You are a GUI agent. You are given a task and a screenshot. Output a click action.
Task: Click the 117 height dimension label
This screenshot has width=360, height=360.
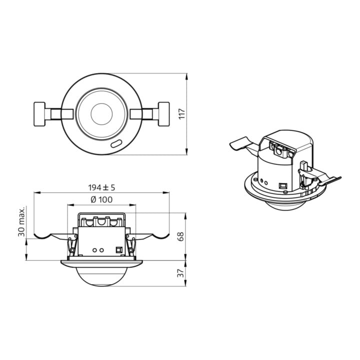pyautogui.click(x=182, y=114)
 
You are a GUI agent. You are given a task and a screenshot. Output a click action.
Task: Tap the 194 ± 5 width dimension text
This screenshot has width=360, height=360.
pyautogui.click(x=101, y=187)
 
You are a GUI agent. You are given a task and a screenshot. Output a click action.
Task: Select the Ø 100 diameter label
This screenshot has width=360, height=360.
pyautogui.click(x=101, y=199)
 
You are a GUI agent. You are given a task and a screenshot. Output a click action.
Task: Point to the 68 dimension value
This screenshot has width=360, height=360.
pyautogui.click(x=180, y=236)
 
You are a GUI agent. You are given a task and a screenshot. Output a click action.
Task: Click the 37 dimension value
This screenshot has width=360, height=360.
pyautogui.click(x=180, y=273)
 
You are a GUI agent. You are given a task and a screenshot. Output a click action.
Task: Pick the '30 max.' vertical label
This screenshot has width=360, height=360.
pyautogui.click(x=21, y=222)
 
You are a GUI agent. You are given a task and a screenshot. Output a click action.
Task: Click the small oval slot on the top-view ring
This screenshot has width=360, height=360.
pyautogui.click(x=116, y=143)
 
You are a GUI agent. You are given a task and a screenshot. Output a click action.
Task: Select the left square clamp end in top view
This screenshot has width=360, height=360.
pyautogui.click(x=39, y=114)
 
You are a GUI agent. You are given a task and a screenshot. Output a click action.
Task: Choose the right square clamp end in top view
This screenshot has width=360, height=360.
pyautogui.click(x=164, y=114)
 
